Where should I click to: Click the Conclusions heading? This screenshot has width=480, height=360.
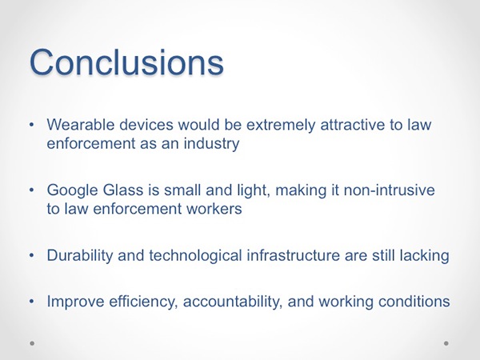pos(126,62)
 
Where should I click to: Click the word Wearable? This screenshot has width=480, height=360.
pos(81,125)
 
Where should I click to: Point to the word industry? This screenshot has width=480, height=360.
pos(211,144)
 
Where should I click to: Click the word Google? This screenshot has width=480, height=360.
pos(72,190)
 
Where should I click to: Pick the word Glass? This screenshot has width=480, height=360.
pos(123,190)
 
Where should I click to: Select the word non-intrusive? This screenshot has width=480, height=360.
pos(389,190)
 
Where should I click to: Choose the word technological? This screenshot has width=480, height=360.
pos(196,256)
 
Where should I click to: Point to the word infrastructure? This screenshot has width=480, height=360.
pos(294,255)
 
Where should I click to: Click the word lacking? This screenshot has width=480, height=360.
pos(425,256)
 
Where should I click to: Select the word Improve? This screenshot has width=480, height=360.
pos(76,302)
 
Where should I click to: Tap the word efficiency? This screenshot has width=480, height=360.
pos(143,302)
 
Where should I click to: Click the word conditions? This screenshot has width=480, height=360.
pos(414,302)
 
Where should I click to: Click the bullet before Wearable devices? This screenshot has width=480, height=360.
pos(31,125)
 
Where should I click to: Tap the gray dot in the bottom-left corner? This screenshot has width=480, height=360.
pos(32,343)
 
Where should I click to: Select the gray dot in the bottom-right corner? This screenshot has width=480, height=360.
pos(446,343)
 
